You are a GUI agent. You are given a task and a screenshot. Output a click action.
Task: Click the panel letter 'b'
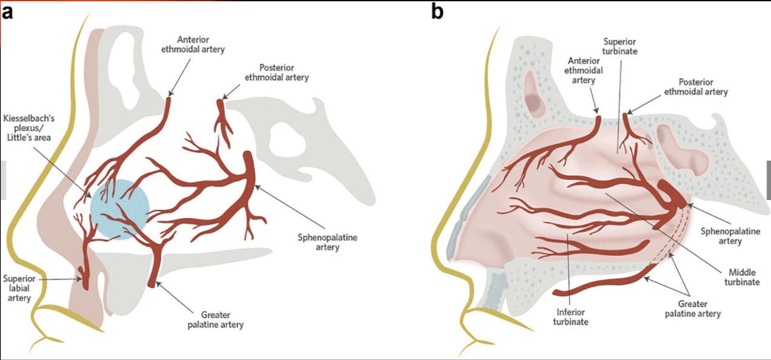point(438,12)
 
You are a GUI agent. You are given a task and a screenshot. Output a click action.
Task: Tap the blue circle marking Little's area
point(119,209)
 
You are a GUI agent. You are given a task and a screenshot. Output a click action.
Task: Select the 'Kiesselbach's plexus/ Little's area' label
point(28,128)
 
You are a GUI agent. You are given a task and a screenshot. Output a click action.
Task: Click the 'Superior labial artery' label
point(18,288)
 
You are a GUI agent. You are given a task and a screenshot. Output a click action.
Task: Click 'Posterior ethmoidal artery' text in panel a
point(276,72)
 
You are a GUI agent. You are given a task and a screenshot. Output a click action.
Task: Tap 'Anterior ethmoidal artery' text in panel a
point(193,44)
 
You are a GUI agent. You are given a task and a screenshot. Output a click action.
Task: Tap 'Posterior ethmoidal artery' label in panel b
point(695,87)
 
